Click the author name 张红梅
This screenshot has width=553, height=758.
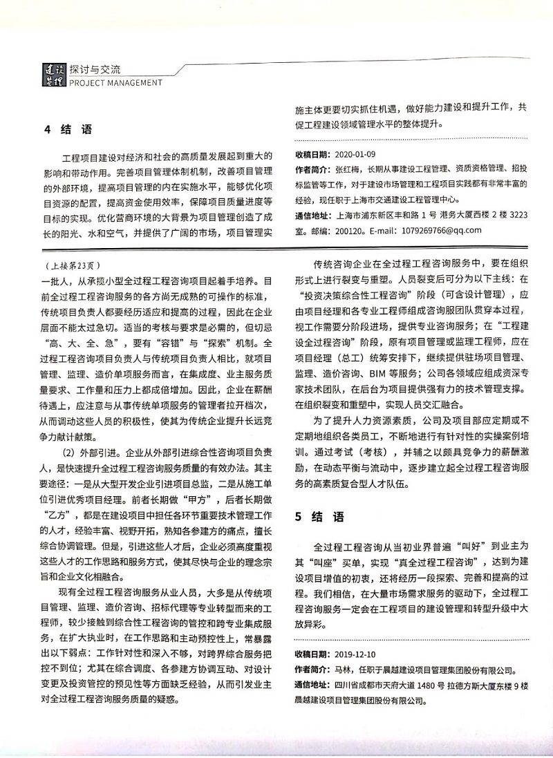347,169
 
